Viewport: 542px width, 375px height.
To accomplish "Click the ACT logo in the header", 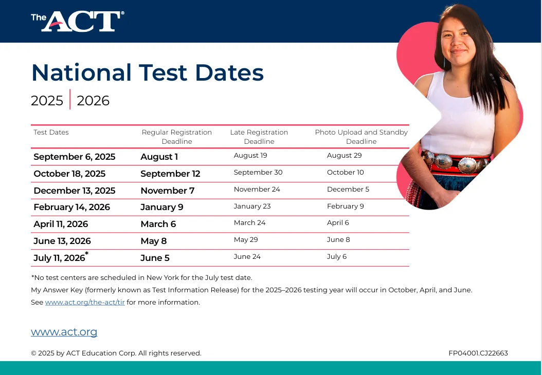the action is tap(78, 21).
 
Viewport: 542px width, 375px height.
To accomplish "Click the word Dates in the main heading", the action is tap(229, 72).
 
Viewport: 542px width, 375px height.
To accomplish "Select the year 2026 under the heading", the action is tap(93, 101).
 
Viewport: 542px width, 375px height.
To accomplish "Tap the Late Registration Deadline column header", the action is tap(259, 137).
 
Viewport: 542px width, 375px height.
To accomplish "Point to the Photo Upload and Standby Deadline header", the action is tap(361, 137).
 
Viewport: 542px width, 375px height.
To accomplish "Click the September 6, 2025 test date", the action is tap(75, 157).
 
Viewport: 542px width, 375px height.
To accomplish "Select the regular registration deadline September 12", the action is tap(170, 174).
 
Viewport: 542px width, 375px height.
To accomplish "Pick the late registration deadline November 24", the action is tap(257, 189).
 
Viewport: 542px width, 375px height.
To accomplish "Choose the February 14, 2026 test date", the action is tap(71, 207).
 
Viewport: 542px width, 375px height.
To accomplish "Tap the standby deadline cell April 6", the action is tap(338, 223).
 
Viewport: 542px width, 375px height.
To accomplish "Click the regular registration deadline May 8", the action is tap(153, 241).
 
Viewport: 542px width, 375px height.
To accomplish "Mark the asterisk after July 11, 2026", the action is tap(87, 254).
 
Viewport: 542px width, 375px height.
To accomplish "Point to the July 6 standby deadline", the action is tap(337, 256).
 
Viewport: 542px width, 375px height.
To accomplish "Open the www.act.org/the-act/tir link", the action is tap(85, 302).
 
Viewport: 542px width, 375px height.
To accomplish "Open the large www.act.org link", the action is tap(64, 331).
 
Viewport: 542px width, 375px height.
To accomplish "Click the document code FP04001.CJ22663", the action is tap(478, 353).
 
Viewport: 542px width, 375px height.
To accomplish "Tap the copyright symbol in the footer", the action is tap(33, 353).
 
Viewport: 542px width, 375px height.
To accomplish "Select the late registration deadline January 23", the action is tap(252, 206).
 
